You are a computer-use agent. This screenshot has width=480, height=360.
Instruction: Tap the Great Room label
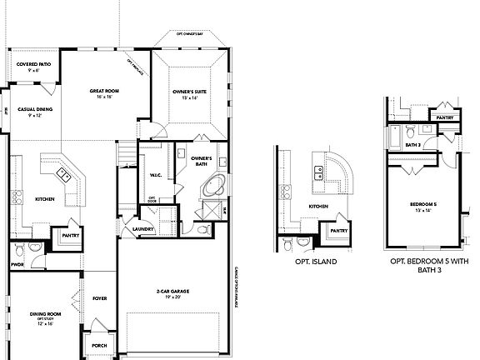tap(106, 91)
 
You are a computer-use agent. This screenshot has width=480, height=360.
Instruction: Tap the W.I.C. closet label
tap(156, 174)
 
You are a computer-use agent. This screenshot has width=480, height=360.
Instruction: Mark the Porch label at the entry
tap(99, 346)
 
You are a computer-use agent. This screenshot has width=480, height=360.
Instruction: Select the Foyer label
tap(99, 297)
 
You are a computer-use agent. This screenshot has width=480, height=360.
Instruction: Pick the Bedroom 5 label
tap(422, 203)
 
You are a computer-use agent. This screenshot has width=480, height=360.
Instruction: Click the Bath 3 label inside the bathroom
tap(412, 143)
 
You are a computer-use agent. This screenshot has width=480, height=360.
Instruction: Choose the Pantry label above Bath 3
tap(445, 117)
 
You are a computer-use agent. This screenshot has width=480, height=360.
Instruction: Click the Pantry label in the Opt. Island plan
tap(338, 230)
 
